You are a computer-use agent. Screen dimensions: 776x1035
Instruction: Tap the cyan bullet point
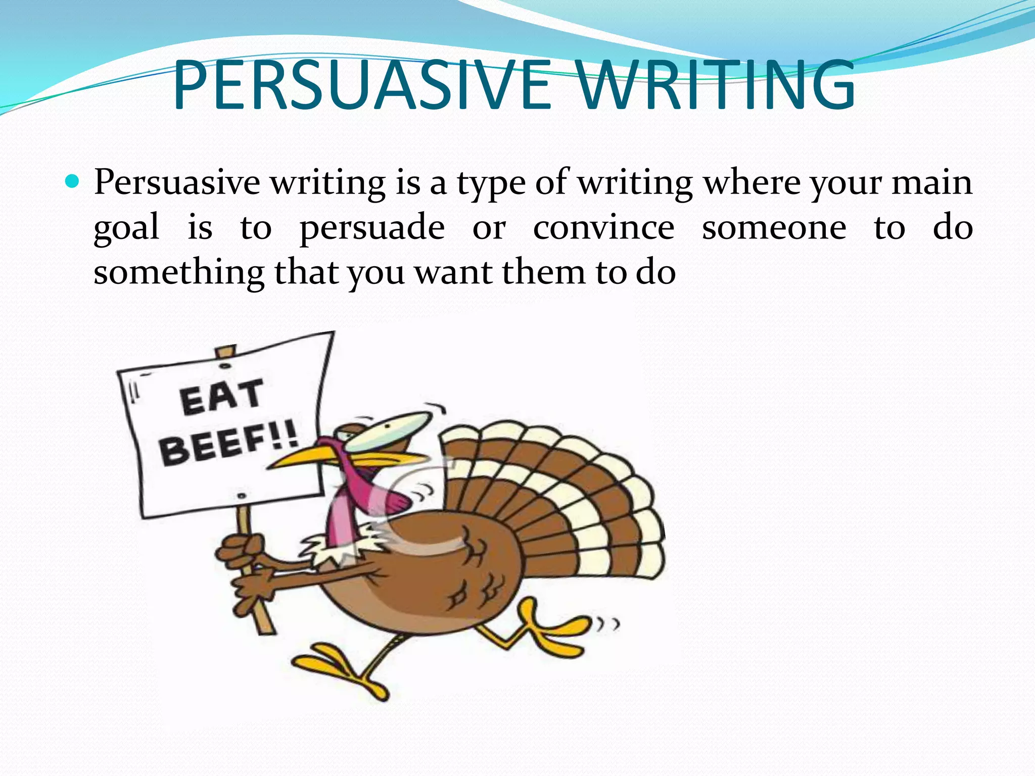click(x=73, y=181)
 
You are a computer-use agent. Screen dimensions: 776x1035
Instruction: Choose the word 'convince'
click(x=603, y=227)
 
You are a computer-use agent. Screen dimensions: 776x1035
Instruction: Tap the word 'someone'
click(x=774, y=227)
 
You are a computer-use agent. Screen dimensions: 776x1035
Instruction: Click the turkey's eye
click(x=388, y=427)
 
